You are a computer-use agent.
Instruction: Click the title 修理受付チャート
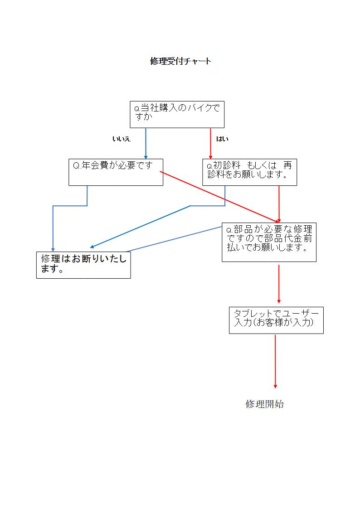pyautogui.click(x=180, y=61)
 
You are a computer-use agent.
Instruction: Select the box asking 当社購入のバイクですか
pyautogui.click(x=177, y=114)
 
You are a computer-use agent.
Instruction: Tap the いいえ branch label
pyautogui.click(x=121, y=139)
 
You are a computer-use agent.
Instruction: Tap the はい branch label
pyautogui.click(x=222, y=139)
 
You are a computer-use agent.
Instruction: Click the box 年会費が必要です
pyautogui.click(x=116, y=172)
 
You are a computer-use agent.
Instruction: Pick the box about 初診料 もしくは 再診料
pyautogui.click(x=249, y=172)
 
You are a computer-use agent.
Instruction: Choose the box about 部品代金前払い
pyautogui.click(x=269, y=242)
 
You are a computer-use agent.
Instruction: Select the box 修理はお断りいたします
pyautogui.click(x=83, y=265)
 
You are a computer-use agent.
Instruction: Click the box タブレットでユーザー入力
pyautogui.click(x=276, y=320)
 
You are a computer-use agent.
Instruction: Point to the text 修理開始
pyautogui.click(x=265, y=404)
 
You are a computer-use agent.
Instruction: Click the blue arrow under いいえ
pyautogui.click(x=146, y=143)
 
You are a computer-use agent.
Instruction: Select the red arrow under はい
pyautogui.click(x=211, y=143)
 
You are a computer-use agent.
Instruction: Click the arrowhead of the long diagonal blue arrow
pyautogui.click(x=92, y=247)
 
